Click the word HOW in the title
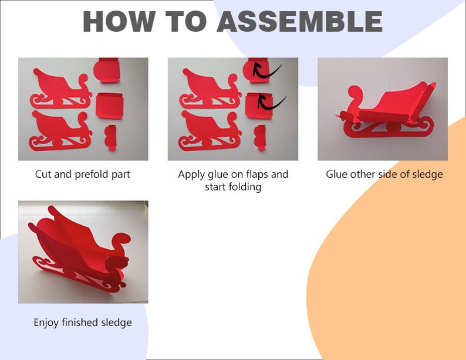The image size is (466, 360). [x=119, y=21]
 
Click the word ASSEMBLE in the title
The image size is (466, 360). [x=299, y=21]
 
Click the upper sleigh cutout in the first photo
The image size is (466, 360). [x=61, y=89]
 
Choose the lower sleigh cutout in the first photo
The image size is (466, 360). [x=60, y=131]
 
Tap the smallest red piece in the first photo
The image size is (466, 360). [x=110, y=137]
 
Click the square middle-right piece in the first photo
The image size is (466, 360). [x=109, y=106]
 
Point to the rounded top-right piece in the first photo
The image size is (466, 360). [x=107, y=70]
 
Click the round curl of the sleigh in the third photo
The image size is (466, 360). [x=354, y=93]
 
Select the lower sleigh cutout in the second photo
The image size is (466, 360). [x=210, y=131]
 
